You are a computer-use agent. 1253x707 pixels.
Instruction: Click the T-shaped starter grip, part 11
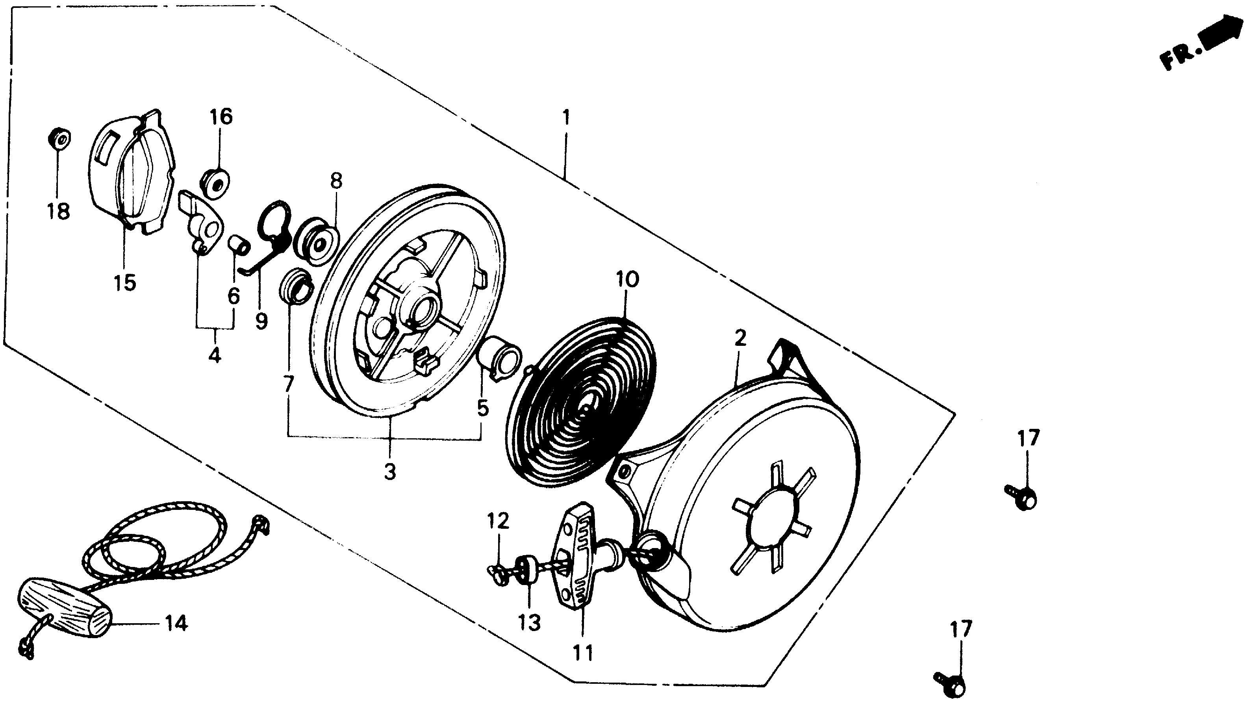click(579, 554)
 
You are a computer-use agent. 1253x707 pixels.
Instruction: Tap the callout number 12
click(499, 521)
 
